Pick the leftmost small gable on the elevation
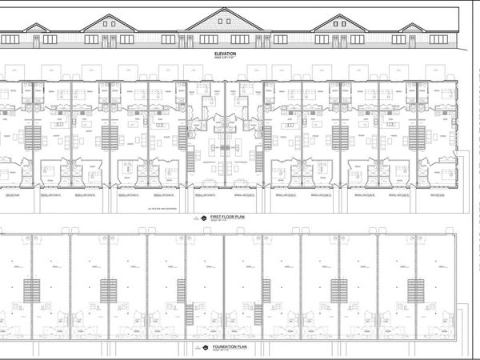pyautogui.click(x=37, y=27)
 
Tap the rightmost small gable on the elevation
pyautogui.click(x=413, y=27)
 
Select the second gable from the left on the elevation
pyautogui.click(x=109, y=22)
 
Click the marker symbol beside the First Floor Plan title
pyautogui.click(x=203, y=218)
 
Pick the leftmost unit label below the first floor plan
pyautogui.click(x=11, y=194)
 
